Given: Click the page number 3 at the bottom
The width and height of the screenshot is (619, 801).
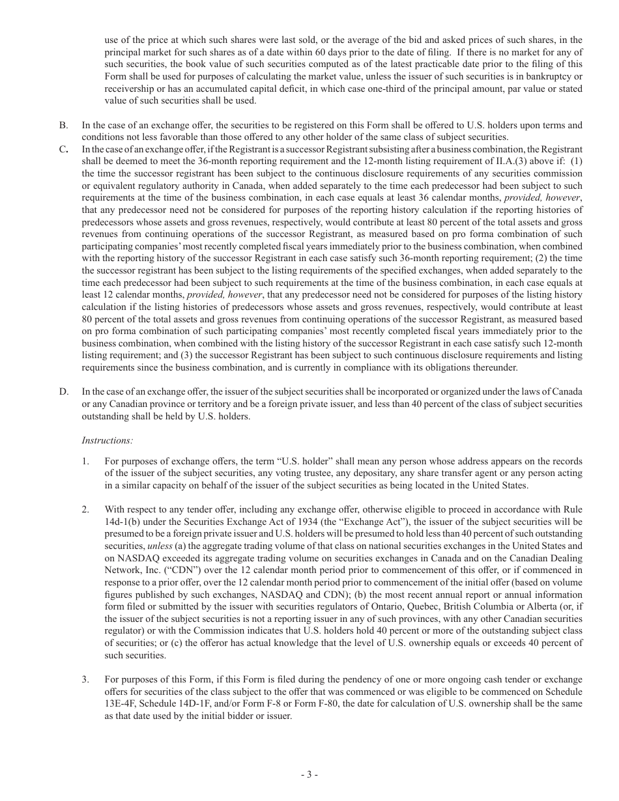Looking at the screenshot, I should point(309,774).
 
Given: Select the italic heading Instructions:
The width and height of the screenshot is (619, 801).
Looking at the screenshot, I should point(107,440).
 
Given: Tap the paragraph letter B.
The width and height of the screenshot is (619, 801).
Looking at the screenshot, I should point(63,125).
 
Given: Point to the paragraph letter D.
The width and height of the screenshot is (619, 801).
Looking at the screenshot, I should point(63,391).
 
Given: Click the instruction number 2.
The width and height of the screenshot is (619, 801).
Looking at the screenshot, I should point(85,509).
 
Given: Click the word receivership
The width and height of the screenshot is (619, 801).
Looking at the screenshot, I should point(129,89).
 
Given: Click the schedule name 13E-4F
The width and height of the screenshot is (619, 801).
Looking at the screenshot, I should point(125,703).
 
